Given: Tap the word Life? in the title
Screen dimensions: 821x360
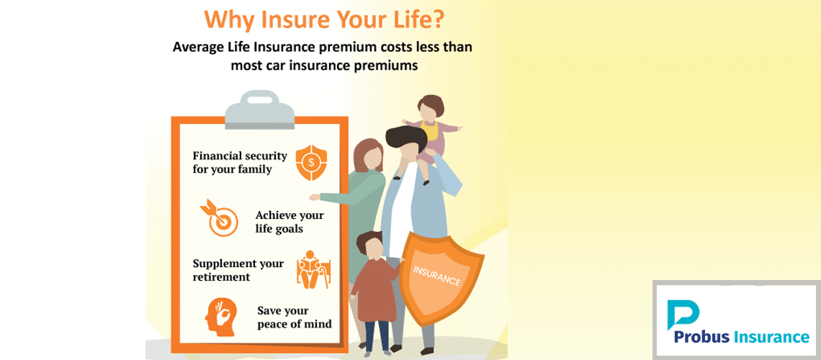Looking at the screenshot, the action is click(417, 19).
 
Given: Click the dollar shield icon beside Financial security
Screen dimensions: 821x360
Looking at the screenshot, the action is click(311, 163).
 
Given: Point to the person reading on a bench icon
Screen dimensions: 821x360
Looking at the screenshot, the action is click(313, 269).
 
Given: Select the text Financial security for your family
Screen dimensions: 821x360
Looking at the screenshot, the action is click(240, 162).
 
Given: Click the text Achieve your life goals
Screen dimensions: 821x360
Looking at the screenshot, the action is click(290, 222).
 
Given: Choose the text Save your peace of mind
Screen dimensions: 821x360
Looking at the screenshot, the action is click(295, 318).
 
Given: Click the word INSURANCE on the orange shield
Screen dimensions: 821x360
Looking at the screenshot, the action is click(436, 276).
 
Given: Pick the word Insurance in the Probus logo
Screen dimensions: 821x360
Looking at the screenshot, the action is click(773, 338).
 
